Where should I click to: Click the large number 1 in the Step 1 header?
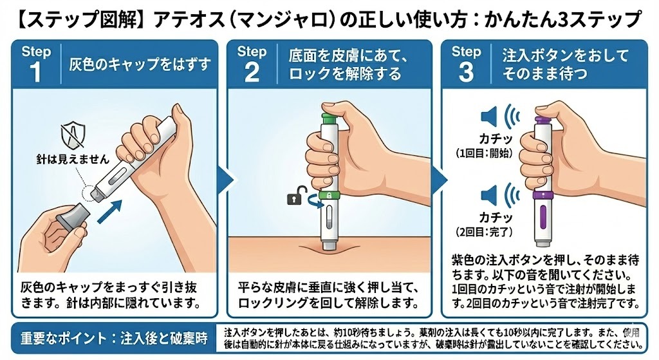[x=34, y=73]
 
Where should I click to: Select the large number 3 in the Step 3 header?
[x=466, y=73]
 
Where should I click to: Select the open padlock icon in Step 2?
[x=293, y=199]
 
